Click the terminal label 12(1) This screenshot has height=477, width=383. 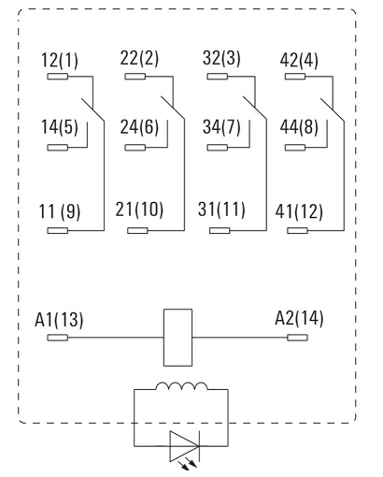60,61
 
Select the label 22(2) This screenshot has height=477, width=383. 139,58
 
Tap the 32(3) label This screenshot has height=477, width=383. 221,58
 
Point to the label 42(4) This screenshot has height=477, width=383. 299,61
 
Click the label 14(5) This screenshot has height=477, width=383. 60,127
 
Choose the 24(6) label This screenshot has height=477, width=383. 139,127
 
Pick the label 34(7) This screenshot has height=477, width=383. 221,127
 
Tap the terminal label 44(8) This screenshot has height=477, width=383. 299,127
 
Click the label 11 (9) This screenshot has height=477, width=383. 60,211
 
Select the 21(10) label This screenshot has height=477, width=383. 139,210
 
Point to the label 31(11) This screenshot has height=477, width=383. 221,210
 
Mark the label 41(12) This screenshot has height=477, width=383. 299,211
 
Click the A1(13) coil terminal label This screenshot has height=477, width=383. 59,320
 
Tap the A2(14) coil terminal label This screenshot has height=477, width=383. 299,319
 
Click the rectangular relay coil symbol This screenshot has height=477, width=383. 177,338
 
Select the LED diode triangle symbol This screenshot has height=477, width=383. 184,446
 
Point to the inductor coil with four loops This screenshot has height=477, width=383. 181,385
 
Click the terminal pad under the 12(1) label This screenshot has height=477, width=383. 57,77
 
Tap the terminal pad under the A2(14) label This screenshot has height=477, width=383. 297,338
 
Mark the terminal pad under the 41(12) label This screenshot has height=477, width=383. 297,231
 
